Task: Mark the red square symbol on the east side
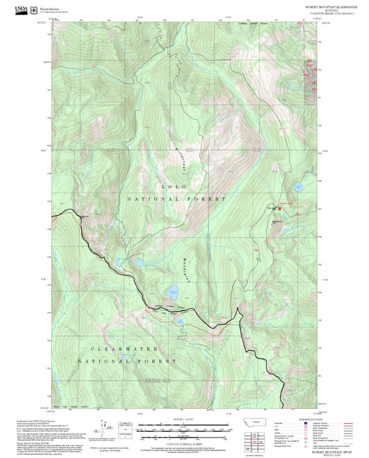point(280,208)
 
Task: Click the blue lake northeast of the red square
point(298,187)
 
